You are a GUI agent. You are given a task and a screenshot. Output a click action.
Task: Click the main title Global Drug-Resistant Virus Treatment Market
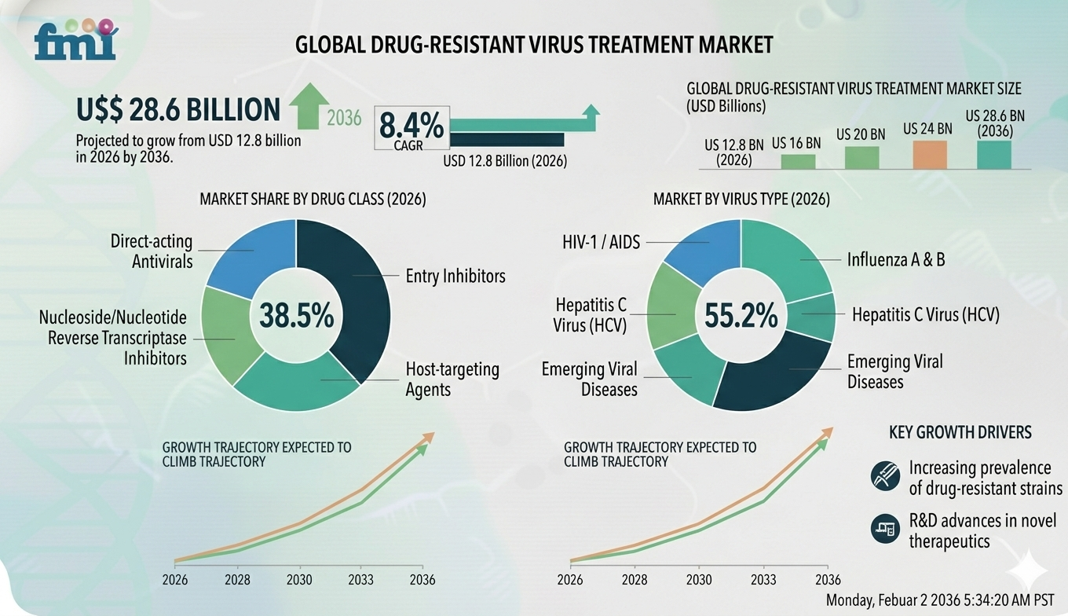pos(534,45)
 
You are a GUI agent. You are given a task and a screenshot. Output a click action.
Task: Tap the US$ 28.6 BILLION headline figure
pos(177,110)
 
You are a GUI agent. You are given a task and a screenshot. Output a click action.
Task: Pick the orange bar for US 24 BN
pos(929,155)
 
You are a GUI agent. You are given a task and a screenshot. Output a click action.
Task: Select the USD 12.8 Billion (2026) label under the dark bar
pos(505,161)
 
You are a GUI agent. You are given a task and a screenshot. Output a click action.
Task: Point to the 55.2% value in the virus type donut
pos(741,316)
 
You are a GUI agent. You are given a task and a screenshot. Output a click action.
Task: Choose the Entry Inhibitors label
pos(455,276)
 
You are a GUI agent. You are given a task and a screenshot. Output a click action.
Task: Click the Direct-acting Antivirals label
pos(152,251)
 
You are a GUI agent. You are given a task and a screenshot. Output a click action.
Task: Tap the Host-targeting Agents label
pos(452,379)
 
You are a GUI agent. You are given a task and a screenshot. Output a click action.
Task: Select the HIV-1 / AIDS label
pos(602,243)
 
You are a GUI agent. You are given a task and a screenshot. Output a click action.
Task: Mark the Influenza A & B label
pos(895,259)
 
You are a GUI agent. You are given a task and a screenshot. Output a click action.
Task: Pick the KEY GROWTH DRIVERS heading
pos(960,432)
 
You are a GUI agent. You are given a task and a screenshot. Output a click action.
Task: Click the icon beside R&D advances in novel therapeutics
pos(885,529)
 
